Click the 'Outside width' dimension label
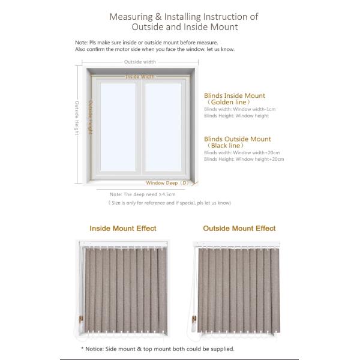[140, 62]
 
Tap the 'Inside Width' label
[140, 77]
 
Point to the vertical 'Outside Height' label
[77, 118]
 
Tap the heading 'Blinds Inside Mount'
[234, 95]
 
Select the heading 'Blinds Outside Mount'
[237, 139]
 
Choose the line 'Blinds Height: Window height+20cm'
[244, 159]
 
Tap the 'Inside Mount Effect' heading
[123, 229]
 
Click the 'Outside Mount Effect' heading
[239, 229]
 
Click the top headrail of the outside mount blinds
[240, 244]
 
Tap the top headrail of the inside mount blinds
[123, 245]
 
